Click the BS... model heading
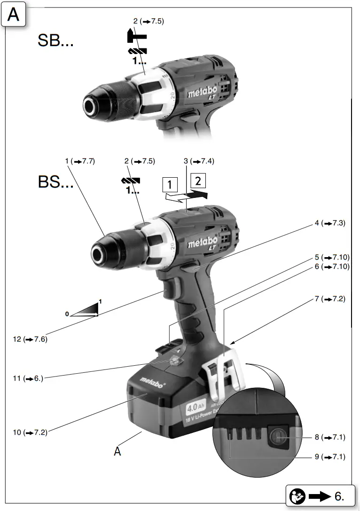click(55, 182)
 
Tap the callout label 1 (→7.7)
click(80, 161)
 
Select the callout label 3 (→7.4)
click(199, 161)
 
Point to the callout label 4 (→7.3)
click(330, 224)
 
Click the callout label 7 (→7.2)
click(330, 299)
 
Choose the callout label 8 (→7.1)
click(330, 437)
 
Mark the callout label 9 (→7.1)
click(330, 456)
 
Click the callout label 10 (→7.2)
click(30, 432)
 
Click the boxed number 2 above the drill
click(198, 181)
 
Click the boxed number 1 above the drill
click(170, 185)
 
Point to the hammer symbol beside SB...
click(137, 36)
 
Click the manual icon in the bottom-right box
click(298, 495)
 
